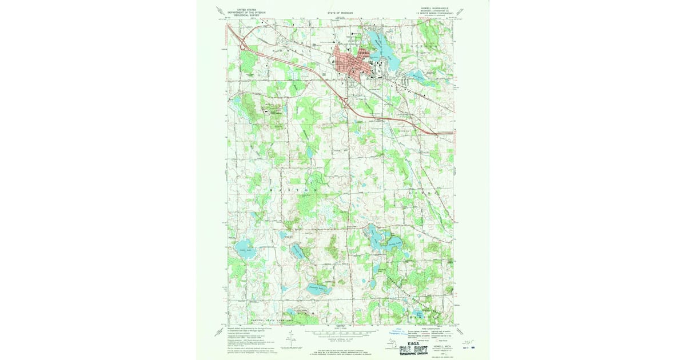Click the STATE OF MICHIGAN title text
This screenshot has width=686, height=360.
[340, 12]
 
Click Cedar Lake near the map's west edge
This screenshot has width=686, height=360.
[244, 249]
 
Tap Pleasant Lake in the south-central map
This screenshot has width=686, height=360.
[318, 289]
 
